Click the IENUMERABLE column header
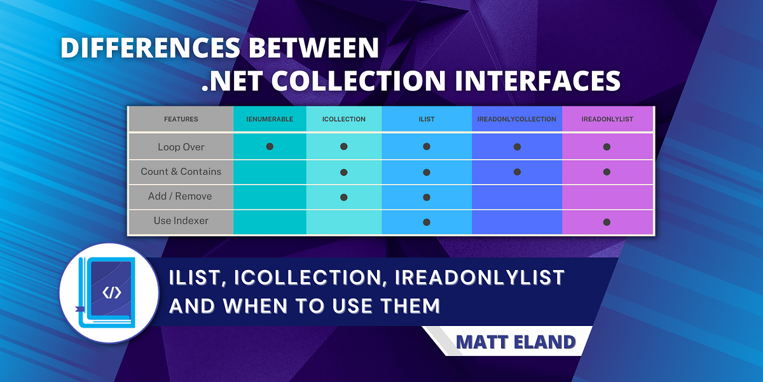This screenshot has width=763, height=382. click(270, 119)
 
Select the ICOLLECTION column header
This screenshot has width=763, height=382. click(343, 119)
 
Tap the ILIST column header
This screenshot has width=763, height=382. click(427, 119)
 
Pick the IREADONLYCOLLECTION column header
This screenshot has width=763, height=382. click(517, 119)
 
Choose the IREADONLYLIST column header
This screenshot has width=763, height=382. click(607, 119)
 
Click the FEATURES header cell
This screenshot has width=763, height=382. click(181, 119)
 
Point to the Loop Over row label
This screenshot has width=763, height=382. click(181, 147)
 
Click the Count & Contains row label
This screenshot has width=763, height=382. click(181, 172)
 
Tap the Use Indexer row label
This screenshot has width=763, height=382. click(181, 221)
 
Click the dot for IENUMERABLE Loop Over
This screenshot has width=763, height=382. click(270, 146)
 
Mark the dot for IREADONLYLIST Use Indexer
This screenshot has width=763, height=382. click(607, 222)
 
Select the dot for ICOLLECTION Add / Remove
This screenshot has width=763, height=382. click(344, 197)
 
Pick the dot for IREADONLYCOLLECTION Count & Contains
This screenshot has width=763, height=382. click(518, 172)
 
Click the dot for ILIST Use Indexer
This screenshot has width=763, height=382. click(427, 222)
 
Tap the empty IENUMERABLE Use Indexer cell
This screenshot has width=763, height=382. click(270, 222)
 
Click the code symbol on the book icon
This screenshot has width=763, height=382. click(111, 293)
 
